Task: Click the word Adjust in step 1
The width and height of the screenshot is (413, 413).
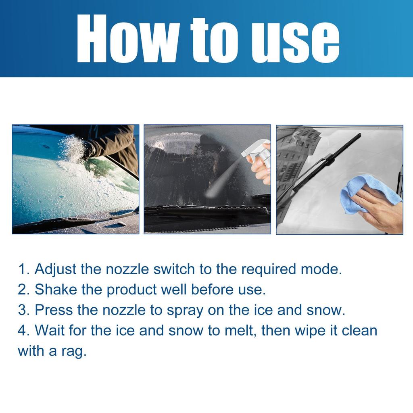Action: click(55, 269)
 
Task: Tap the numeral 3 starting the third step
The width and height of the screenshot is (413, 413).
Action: click(22, 310)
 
